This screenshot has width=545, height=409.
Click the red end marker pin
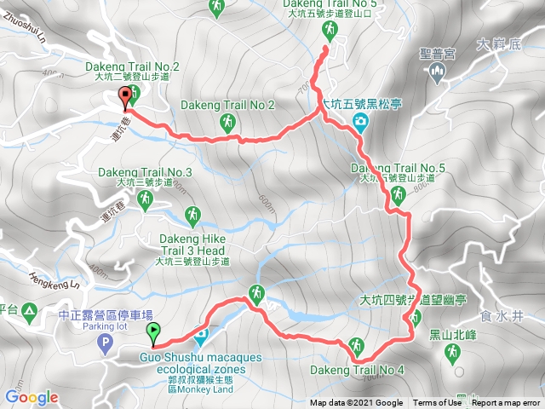click(x=125, y=97)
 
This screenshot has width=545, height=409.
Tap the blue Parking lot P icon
click(x=105, y=344)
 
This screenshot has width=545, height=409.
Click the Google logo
click(x=32, y=397)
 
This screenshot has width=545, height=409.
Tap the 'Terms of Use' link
click(x=436, y=403)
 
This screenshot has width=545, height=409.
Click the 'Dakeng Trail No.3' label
click(x=145, y=173)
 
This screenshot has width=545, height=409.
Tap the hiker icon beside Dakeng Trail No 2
click(x=227, y=123)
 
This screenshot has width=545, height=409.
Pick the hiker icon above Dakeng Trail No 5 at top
click(x=330, y=31)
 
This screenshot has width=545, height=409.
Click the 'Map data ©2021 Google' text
click(x=356, y=403)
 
